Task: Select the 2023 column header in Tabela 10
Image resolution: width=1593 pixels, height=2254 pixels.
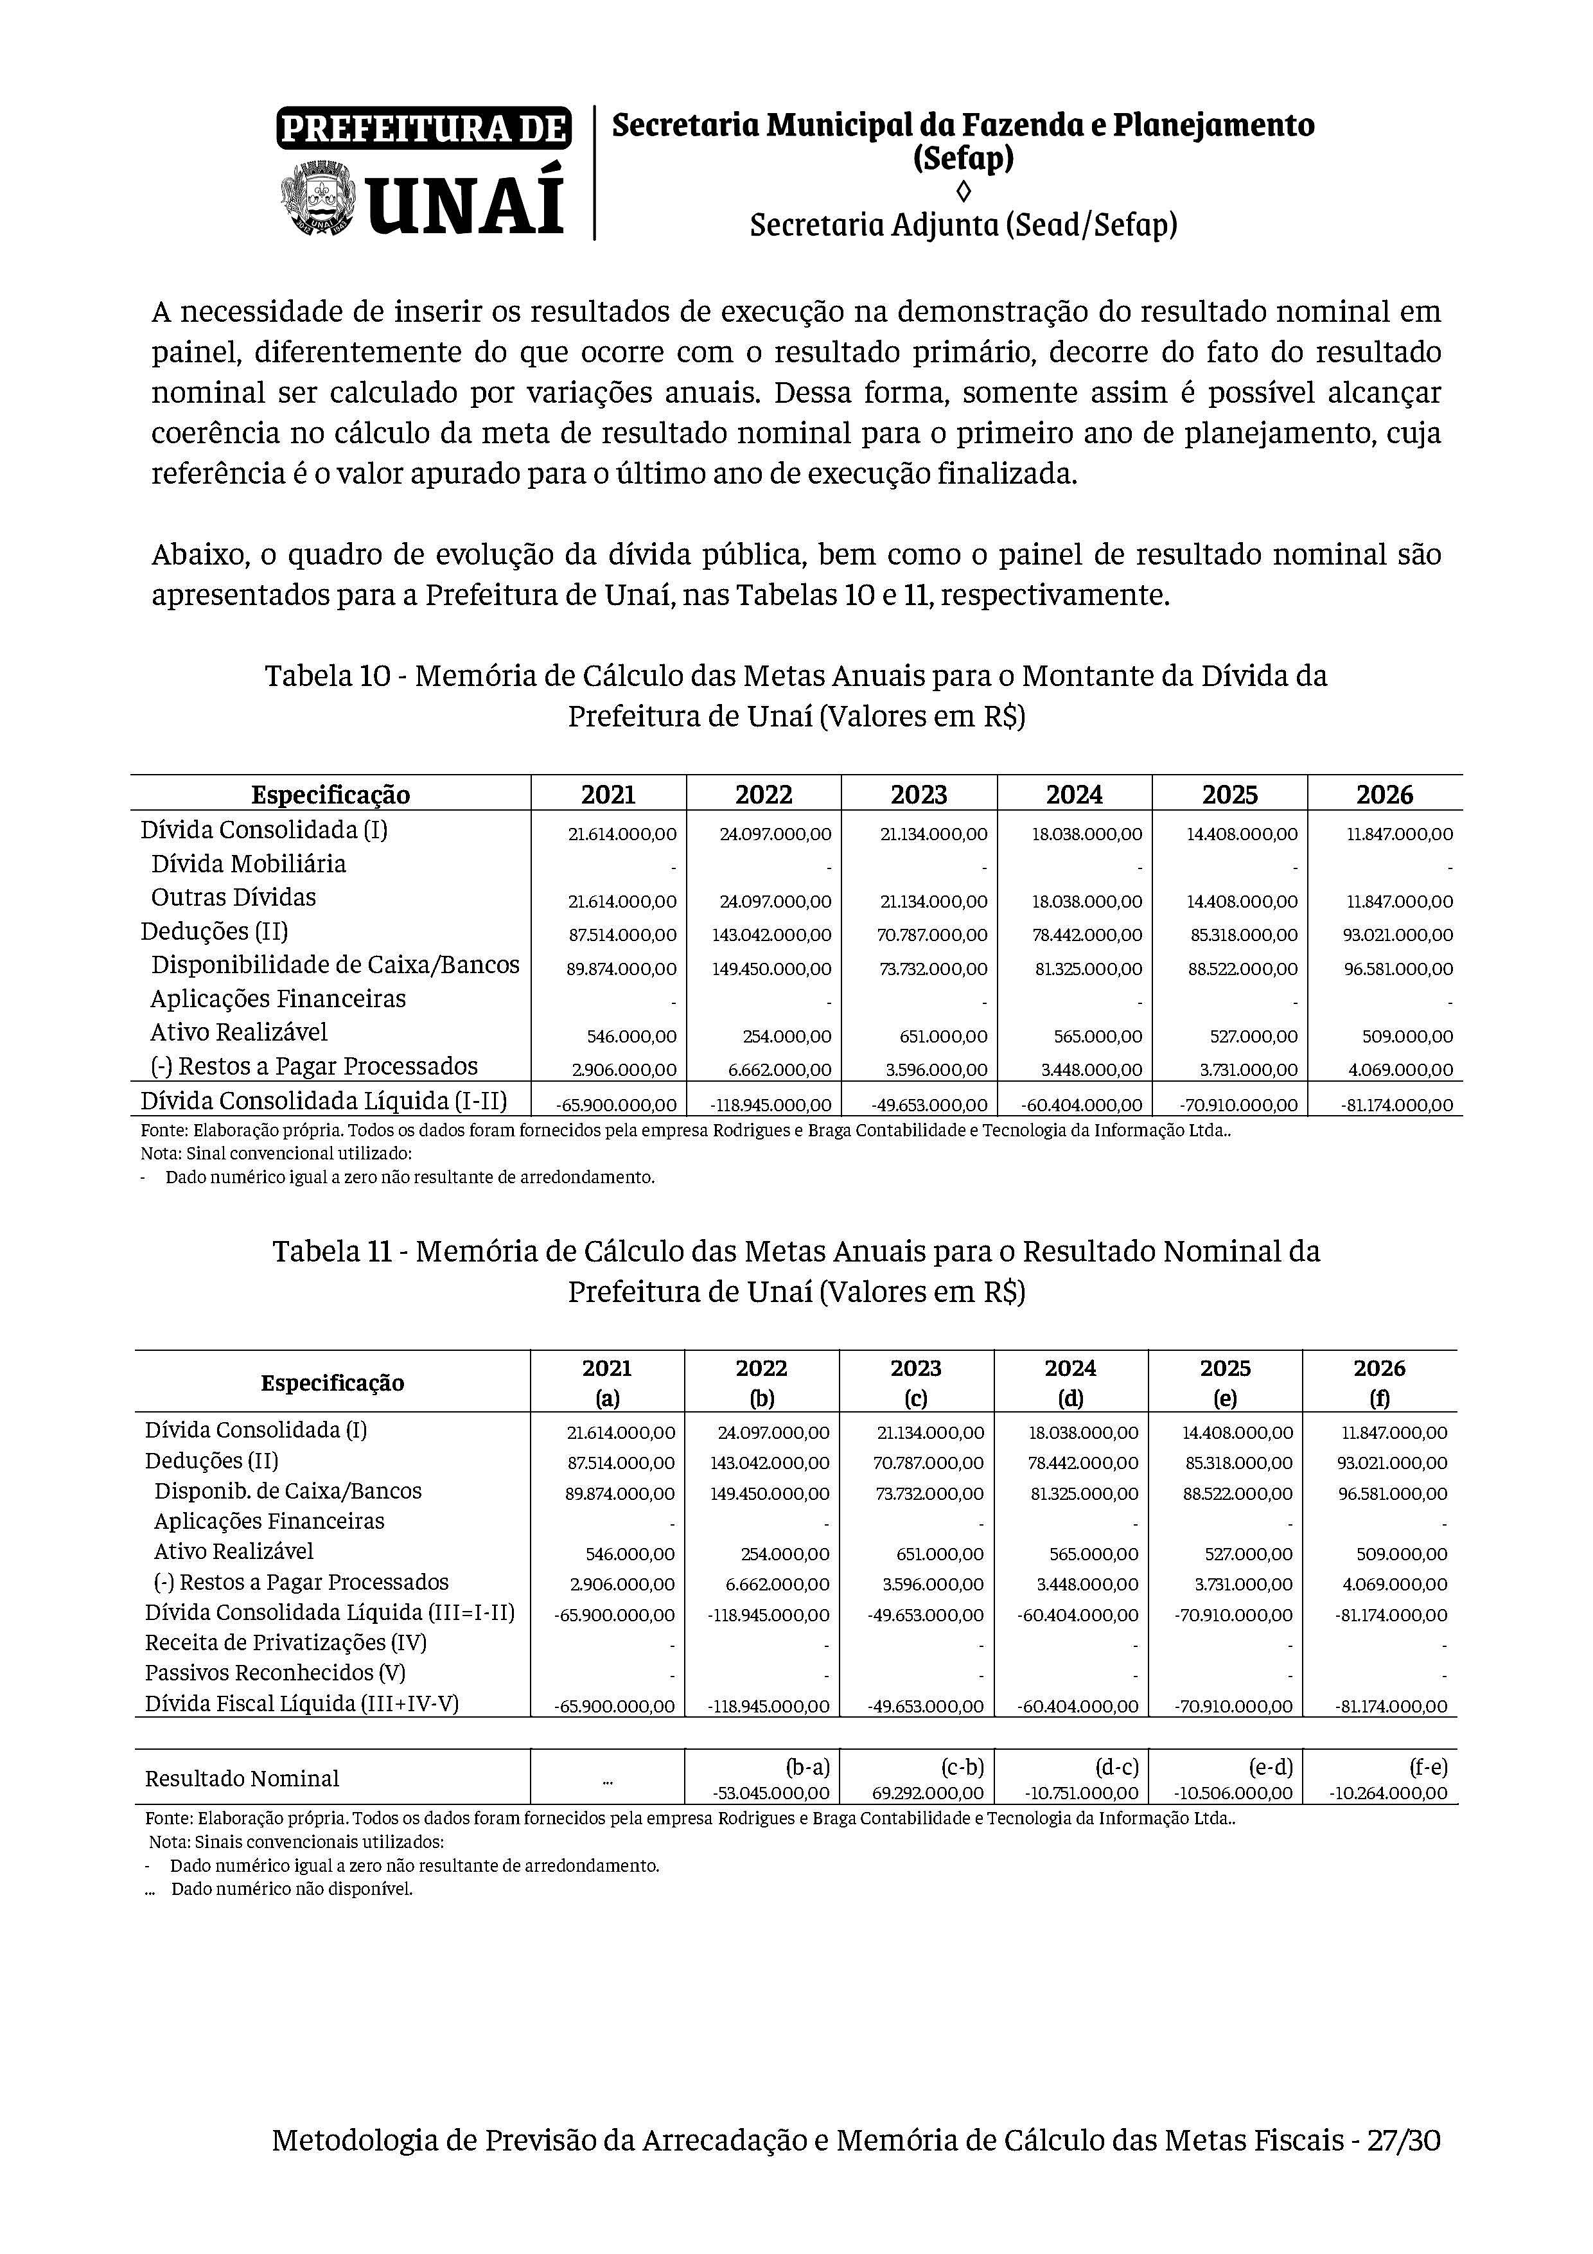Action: point(919,794)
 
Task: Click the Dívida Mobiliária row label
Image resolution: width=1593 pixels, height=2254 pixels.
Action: point(249,864)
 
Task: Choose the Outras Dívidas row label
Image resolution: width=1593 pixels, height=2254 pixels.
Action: point(234,897)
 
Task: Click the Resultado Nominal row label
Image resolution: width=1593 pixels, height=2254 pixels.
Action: point(242,1779)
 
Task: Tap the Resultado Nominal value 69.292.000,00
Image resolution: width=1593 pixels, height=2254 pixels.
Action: point(928,1793)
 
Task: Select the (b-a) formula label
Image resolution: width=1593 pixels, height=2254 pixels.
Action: point(808,1768)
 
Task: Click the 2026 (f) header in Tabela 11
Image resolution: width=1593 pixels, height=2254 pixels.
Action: point(1379,1382)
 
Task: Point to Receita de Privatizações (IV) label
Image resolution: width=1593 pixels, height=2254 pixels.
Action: point(286,1642)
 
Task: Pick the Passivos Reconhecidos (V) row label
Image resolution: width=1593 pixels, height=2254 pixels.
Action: point(275,1673)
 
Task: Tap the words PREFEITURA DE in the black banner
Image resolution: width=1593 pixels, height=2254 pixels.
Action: point(424,128)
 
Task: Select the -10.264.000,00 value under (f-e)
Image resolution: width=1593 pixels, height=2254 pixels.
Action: point(1388,1793)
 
